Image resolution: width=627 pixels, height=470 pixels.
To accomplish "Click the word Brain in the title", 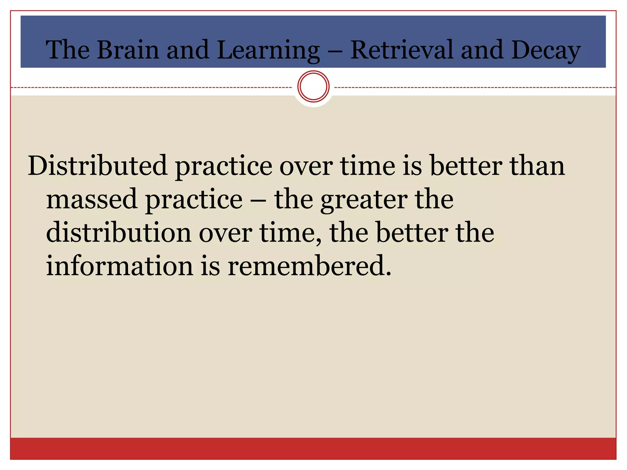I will point(128,50).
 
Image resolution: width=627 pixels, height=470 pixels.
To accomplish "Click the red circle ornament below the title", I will point(313,87).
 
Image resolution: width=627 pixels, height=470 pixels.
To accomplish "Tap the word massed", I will point(92,199).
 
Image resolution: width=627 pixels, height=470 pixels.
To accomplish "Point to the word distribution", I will point(119,233).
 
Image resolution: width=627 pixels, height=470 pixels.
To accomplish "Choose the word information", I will point(120,266).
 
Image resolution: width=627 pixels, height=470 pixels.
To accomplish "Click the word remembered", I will point(309,266).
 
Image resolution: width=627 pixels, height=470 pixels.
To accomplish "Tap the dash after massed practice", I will point(258,200).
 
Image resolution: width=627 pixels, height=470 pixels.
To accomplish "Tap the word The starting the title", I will point(68,50).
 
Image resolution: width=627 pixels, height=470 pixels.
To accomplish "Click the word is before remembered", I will point(210,266).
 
